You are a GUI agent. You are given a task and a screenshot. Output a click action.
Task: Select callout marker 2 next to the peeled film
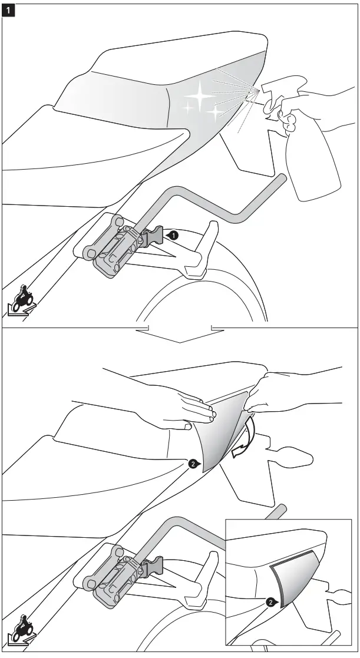(191, 464)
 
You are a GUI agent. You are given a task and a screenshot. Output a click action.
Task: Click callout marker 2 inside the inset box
(270, 602)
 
